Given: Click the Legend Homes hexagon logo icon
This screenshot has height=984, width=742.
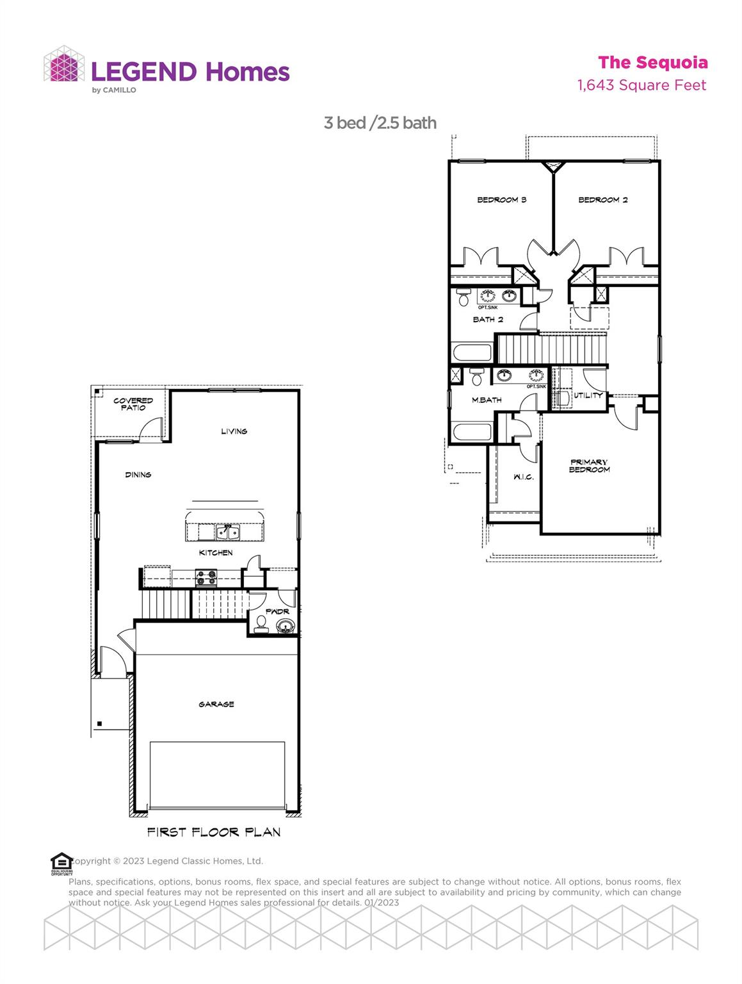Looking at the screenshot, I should tap(64, 64).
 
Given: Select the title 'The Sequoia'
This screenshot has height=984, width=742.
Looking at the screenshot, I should tap(652, 63).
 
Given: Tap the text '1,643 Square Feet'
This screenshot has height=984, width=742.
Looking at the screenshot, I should tap(641, 85).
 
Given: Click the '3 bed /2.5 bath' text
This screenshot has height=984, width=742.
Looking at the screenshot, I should tap(380, 122).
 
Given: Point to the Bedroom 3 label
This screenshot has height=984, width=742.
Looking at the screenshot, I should tap(501, 200).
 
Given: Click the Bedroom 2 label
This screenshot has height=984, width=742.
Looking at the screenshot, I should tap(602, 200).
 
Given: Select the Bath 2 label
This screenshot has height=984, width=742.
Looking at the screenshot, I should tap(488, 319).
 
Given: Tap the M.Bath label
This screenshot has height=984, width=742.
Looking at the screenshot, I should tap(487, 400).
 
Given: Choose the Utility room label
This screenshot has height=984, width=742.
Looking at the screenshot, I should tap(588, 395).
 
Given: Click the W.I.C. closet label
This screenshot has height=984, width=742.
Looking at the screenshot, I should tap(523, 477).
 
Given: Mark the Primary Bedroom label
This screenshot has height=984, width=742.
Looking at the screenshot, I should tap(589, 466).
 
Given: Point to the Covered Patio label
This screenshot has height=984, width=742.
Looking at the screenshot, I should tap(133, 404).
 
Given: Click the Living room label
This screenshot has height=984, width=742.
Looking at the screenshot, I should tap(234, 431).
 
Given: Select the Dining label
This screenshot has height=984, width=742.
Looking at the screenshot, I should tap(138, 475).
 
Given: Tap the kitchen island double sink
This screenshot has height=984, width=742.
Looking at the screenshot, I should tap(224, 532).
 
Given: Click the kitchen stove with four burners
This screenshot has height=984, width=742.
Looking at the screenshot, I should tap(206, 578).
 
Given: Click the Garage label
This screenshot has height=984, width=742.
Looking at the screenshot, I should tap(216, 704).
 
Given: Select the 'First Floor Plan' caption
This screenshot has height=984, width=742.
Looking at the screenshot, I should tap(214, 832).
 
